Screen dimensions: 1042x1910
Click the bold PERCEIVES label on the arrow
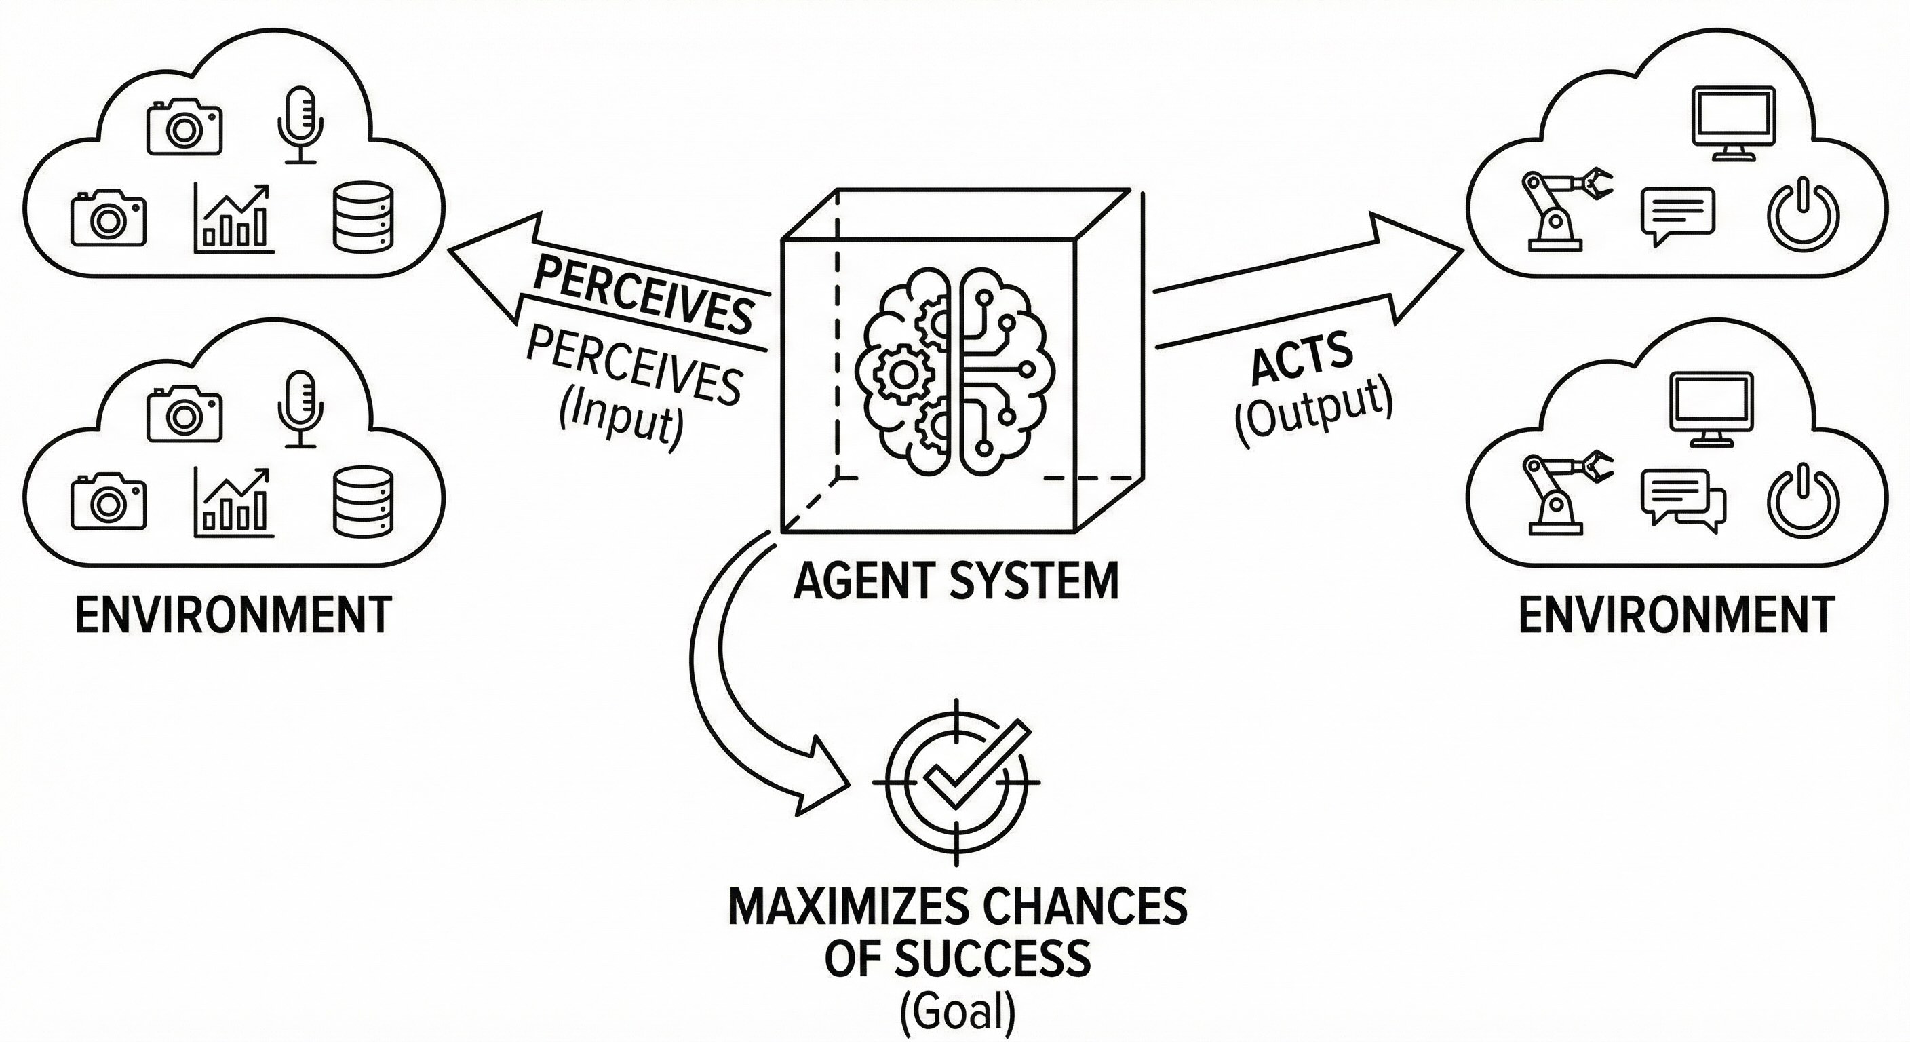coord(642,296)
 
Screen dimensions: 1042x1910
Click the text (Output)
coord(1313,413)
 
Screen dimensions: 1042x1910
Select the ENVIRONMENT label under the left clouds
coord(233,615)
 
